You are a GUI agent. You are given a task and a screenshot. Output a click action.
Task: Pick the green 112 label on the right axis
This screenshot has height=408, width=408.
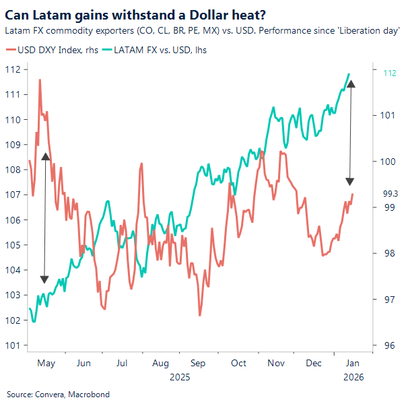(x=389, y=74)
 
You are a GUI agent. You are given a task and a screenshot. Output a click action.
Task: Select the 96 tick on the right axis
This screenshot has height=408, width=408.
(x=388, y=345)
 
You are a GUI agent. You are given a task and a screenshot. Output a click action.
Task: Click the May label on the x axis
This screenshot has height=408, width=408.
(x=46, y=363)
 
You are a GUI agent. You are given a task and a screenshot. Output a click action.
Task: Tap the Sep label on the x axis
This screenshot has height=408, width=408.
(x=198, y=363)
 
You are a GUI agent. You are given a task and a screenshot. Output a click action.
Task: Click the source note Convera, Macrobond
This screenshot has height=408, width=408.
(x=58, y=395)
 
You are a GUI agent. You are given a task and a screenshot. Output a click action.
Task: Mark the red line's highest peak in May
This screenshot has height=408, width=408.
(x=40, y=79)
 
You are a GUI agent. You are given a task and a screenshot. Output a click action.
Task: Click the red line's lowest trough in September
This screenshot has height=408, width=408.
(x=200, y=315)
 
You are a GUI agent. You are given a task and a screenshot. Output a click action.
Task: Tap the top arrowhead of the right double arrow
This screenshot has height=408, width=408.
(x=351, y=83)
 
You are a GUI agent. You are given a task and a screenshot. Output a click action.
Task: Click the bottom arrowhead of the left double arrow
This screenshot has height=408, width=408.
(x=44, y=279)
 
